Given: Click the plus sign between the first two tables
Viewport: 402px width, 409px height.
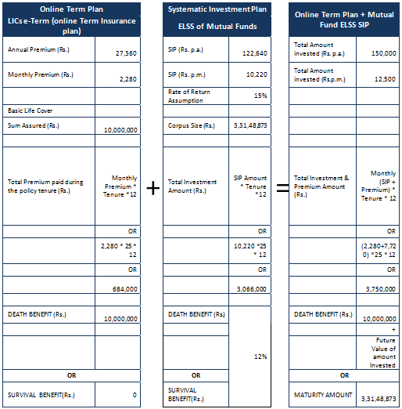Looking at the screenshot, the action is pyautogui.click(x=153, y=189).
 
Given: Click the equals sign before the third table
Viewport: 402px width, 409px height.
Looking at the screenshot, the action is pyautogui.click(x=279, y=189).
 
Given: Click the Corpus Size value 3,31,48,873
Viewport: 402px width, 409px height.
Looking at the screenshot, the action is pyautogui.click(x=250, y=125).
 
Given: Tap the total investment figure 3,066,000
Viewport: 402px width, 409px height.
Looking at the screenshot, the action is pyautogui.click(x=253, y=289).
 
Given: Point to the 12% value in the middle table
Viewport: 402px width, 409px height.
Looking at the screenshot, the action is pyautogui.click(x=260, y=357).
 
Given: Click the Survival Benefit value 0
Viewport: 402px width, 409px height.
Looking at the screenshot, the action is pyautogui.click(x=135, y=394).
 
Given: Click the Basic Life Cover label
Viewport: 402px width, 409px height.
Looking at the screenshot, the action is pyautogui.click(x=30, y=110).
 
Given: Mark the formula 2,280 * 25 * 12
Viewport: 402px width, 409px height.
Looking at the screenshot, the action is pyautogui.click(x=119, y=250).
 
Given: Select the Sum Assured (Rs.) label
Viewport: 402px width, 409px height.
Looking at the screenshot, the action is pyautogui.click(x=34, y=125).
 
